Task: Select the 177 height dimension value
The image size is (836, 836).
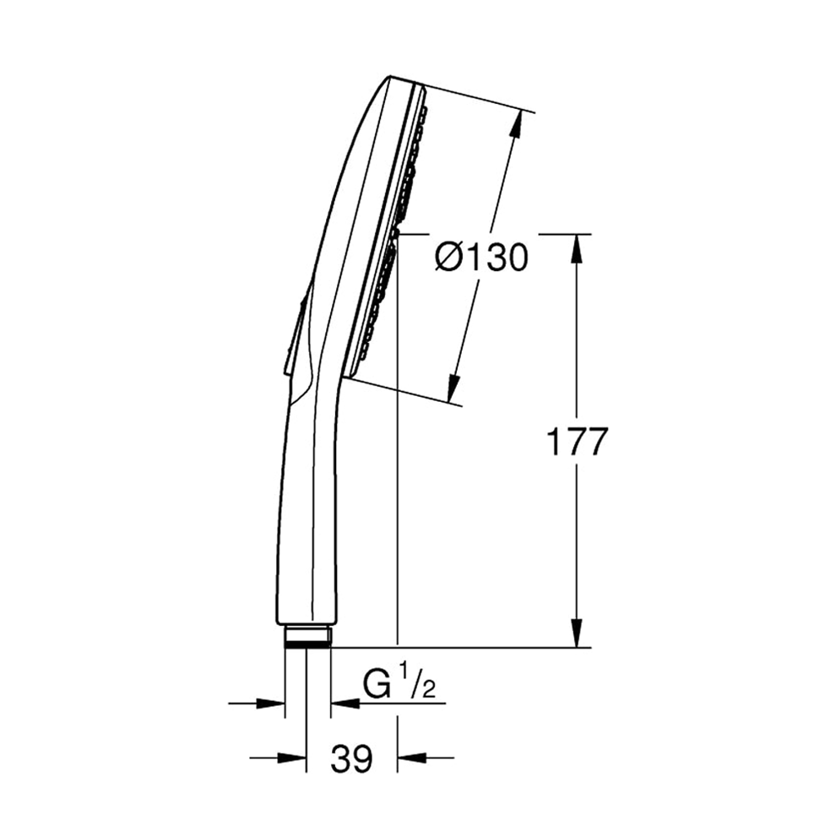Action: coord(577,441)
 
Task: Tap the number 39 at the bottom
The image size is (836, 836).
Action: coord(351,758)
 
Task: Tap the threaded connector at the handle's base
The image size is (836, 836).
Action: coord(307,635)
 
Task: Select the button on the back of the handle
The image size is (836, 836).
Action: coord(296,334)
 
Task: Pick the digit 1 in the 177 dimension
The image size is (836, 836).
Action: coord(553,441)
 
